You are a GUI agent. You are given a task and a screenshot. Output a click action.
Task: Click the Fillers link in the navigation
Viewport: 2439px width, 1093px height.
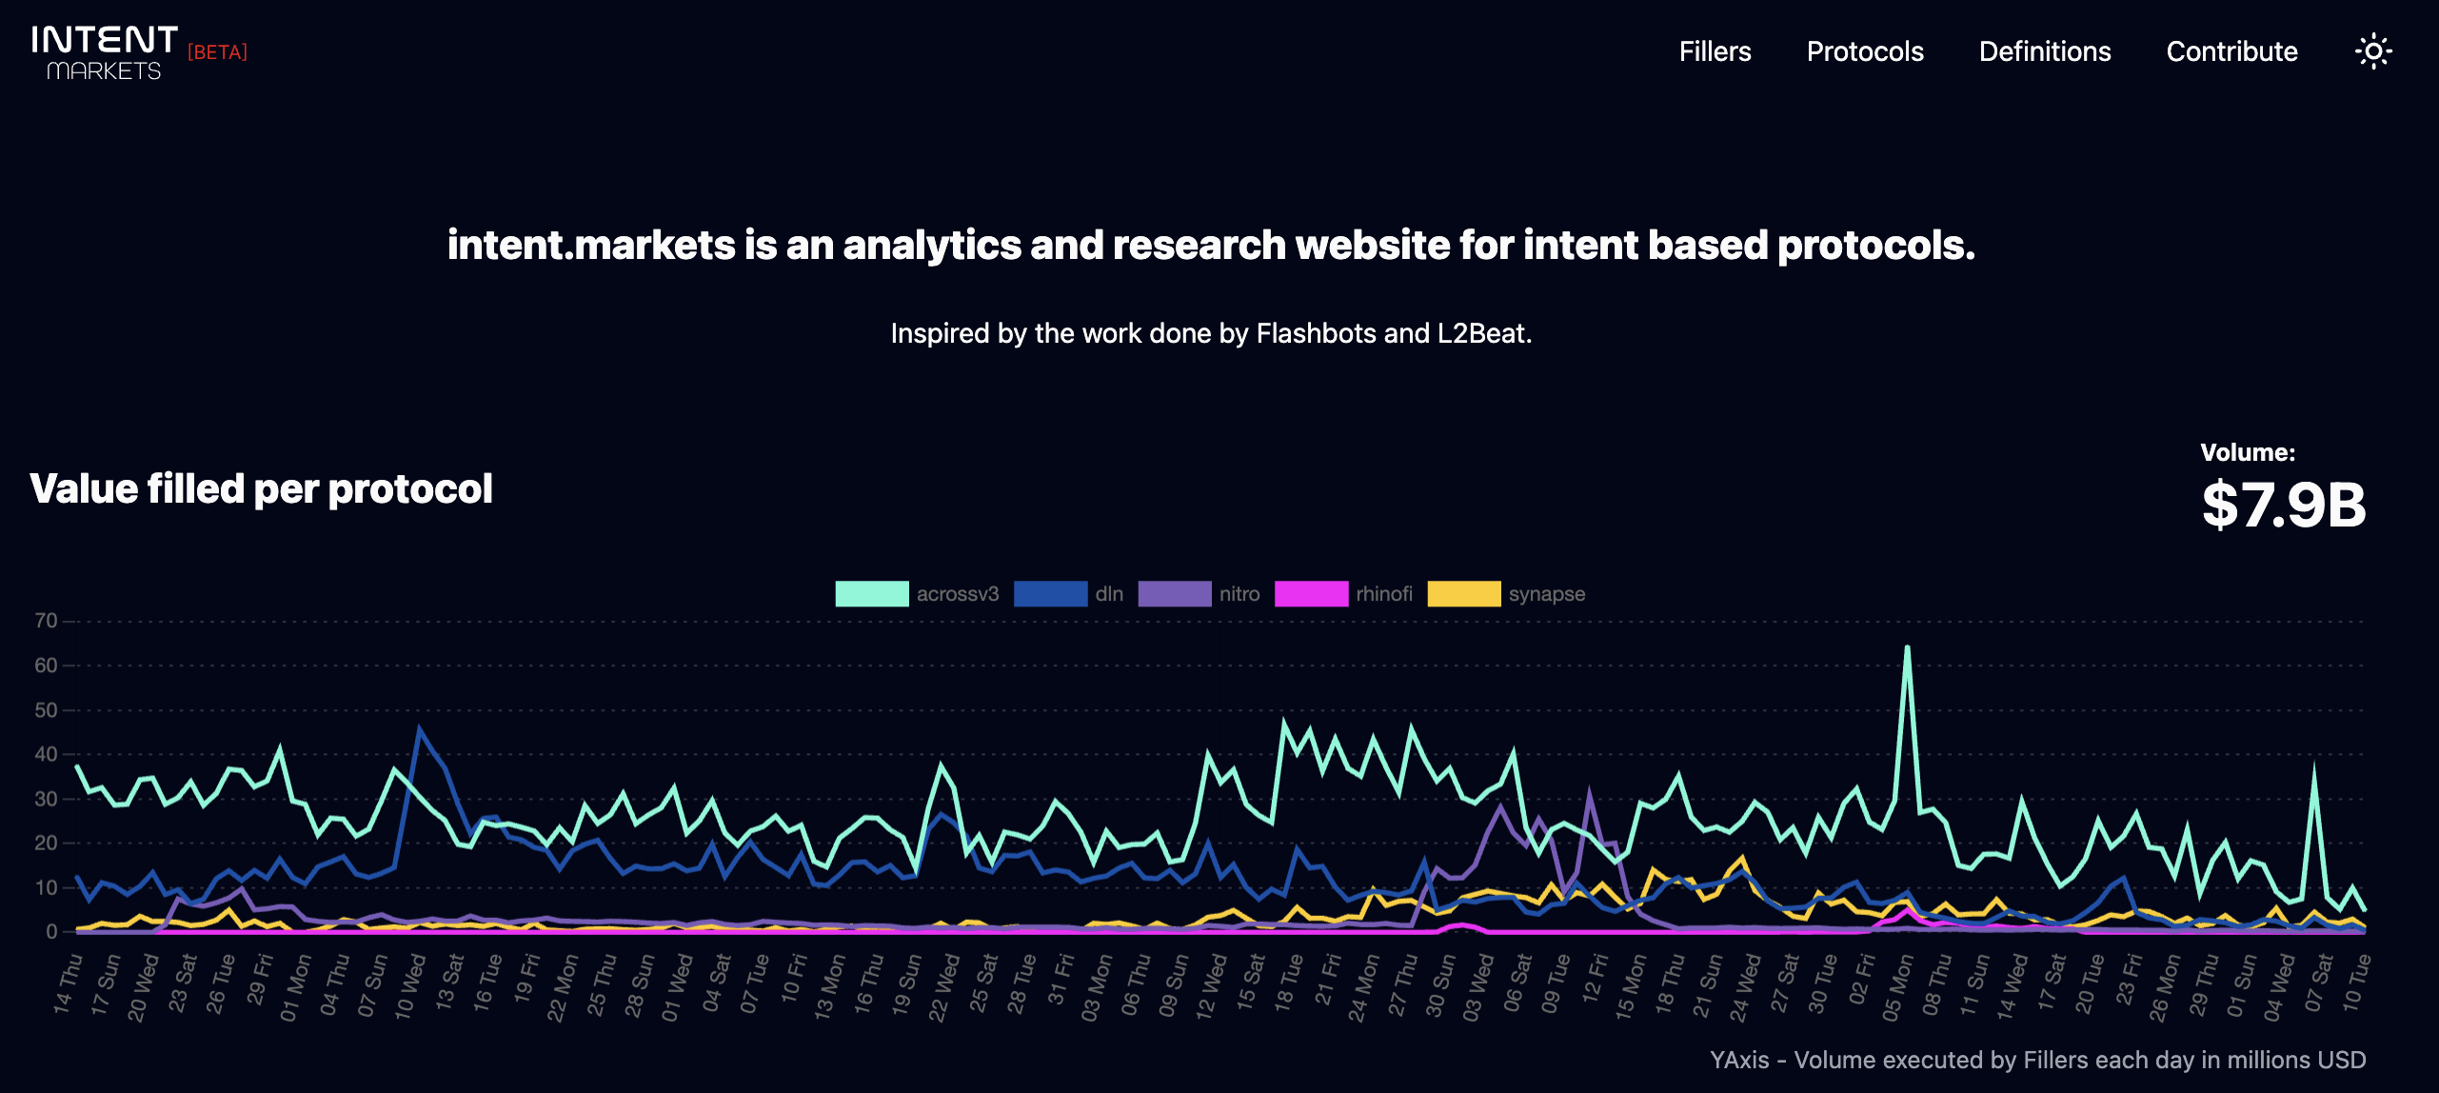click(1715, 51)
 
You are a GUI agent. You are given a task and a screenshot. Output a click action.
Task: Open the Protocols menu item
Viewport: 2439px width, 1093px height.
click(1865, 51)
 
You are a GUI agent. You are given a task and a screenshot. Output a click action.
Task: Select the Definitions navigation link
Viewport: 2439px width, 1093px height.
click(2045, 51)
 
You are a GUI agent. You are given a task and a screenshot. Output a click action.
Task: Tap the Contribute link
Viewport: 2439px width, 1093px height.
click(2231, 51)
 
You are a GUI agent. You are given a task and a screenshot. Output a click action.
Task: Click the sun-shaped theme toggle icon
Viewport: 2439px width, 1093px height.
click(2373, 51)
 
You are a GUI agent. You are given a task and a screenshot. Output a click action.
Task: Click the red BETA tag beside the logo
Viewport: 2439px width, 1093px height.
click(217, 52)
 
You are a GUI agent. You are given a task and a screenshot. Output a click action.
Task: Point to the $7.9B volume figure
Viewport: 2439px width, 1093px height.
click(2283, 505)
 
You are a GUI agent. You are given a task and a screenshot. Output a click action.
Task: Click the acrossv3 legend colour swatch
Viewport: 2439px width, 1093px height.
click(871, 594)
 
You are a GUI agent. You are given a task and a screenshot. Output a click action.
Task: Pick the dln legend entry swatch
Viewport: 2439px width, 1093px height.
click(1050, 594)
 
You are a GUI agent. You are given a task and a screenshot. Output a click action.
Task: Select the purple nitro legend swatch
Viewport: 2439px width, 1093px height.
click(1174, 594)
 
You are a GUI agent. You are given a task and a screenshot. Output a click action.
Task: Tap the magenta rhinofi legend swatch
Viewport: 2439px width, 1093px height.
click(1311, 594)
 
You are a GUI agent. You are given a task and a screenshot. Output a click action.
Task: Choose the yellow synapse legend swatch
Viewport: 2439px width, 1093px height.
click(1463, 594)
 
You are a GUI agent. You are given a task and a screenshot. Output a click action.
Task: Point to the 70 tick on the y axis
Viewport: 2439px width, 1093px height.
click(46, 621)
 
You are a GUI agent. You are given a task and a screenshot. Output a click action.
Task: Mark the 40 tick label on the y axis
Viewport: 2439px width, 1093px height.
click(46, 754)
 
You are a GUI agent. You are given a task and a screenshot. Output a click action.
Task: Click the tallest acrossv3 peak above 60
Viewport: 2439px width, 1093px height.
click(1907, 648)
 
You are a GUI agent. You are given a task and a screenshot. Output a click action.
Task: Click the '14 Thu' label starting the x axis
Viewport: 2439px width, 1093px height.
click(68, 984)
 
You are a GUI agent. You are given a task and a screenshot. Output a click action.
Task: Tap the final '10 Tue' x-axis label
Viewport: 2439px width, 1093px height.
click(2357, 983)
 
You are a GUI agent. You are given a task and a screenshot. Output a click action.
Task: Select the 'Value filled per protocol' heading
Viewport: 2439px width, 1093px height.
click(262, 488)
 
